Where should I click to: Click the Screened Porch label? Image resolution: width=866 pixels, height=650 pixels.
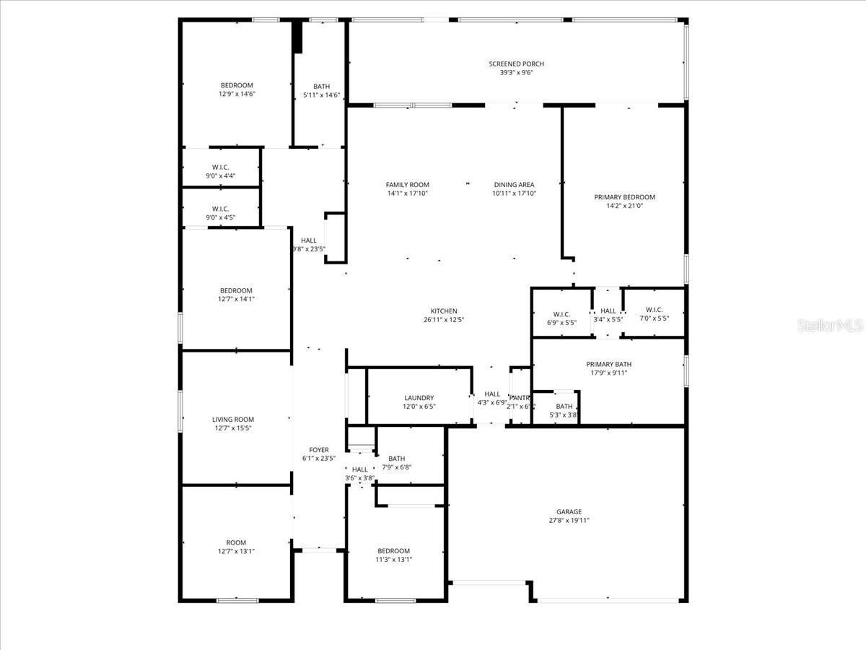click(x=516, y=64)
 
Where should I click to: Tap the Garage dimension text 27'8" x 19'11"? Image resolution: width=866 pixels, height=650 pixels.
click(x=569, y=521)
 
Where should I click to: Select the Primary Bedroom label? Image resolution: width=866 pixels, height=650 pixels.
click(x=624, y=197)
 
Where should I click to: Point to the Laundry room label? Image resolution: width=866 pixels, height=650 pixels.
click(x=419, y=398)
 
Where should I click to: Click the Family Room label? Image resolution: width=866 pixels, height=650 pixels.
click(x=407, y=185)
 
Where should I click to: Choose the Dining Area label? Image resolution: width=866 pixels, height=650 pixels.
click(x=514, y=185)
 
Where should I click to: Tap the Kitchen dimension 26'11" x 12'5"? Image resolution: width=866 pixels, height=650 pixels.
click(x=444, y=320)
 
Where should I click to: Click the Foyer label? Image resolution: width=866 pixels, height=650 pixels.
click(x=318, y=450)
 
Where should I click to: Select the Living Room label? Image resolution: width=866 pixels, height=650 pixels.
click(x=233, y=420)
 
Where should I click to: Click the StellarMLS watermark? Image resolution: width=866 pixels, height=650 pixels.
click(x=829, y=326)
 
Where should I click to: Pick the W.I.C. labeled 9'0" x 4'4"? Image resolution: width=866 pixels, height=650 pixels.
click(x=221, y=171)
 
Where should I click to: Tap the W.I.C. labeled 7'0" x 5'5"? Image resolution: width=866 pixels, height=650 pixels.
click(x=654, y=314)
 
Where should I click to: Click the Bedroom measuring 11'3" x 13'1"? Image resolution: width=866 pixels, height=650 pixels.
click(x=394, y=555)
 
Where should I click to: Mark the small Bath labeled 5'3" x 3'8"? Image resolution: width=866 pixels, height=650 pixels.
click(x=564, y=410)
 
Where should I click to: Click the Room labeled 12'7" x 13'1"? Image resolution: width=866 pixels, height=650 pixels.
click(x=236, y=547)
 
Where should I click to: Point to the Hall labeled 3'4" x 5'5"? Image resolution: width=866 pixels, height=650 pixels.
click(x=608, y=315)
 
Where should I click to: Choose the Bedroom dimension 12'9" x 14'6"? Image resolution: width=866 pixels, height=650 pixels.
click(x=237, y=94)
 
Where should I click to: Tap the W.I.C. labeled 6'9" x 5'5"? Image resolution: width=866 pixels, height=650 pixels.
click(x=561, y=318)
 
